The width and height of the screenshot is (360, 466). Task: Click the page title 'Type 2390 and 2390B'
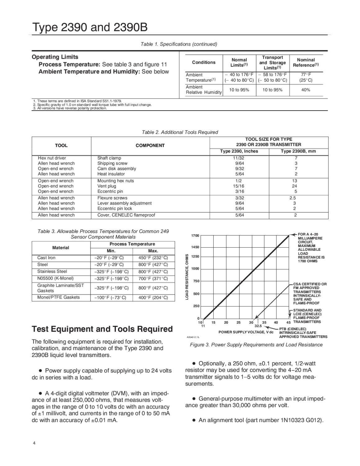coord(90,28)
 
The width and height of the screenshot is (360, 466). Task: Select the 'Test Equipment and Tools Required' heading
coord(102,329)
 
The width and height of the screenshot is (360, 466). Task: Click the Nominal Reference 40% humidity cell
coord(306,90)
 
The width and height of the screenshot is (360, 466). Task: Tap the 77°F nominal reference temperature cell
coord(306,75)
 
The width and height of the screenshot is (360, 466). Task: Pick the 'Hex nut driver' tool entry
coord(52,158)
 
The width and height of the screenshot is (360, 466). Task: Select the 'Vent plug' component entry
coord(107,186)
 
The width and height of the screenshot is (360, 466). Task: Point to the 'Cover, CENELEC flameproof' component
coord(126,215)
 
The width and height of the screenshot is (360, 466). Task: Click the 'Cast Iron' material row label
coord(46,258)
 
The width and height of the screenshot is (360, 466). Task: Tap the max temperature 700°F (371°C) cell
coord(153,279)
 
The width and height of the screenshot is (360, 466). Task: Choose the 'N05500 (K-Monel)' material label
coord(55,278)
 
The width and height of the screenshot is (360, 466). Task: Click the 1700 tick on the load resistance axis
coord(195,236)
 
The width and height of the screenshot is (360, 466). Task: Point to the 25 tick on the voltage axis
coord(239,322)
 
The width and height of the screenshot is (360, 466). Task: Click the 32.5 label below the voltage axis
coord(258,326)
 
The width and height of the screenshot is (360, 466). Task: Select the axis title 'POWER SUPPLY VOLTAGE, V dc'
coord(246,332)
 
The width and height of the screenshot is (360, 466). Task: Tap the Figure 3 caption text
coord(256,345)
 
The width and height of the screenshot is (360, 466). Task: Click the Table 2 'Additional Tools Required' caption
coord(180,132)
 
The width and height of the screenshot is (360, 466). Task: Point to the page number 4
coord(34,443)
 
